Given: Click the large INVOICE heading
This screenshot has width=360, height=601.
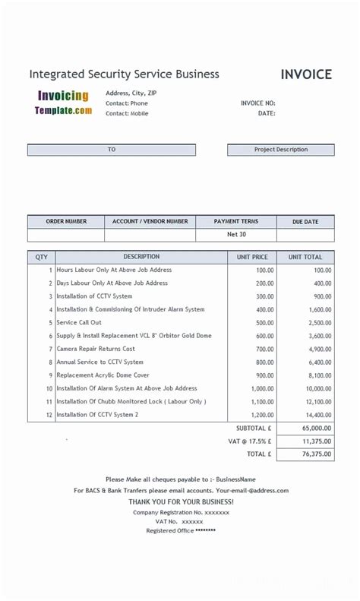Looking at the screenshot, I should (306, 74).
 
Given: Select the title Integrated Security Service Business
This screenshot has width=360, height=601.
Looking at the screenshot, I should (124, 74).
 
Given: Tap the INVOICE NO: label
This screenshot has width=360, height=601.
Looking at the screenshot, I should (257, 103).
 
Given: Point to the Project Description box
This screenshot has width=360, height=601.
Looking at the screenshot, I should (280, 150).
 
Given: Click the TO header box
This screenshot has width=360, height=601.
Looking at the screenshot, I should (112, 150).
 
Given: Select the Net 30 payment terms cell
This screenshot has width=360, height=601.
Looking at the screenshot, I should (236, 235).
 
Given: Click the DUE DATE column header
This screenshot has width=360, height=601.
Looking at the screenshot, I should (305, 222).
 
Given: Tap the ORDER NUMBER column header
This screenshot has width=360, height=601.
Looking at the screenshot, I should (66, 222).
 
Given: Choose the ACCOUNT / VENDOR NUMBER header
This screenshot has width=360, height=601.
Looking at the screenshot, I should (150, 222).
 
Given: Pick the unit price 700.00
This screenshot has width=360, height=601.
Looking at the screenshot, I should (264, 350).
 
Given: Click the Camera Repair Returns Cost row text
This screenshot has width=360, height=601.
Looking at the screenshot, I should (96, 350).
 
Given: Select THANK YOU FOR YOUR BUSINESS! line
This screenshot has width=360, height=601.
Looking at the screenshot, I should (181, 501).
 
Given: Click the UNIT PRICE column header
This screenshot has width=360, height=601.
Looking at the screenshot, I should (252, 258).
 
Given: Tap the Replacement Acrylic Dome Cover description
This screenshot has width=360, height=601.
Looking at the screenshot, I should (103, 375).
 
